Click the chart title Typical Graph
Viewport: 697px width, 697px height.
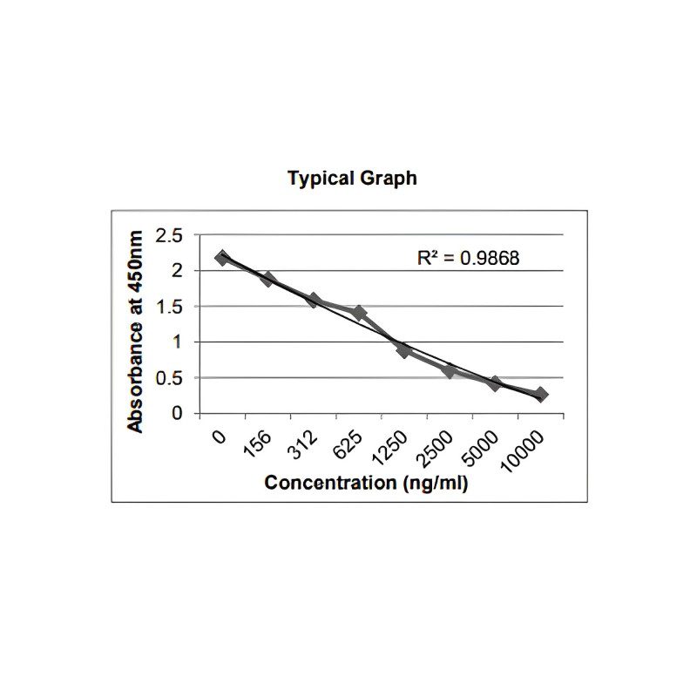[352, 179]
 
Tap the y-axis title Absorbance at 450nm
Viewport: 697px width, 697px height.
[136, 332]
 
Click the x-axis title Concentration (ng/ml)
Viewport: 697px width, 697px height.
[366, 483]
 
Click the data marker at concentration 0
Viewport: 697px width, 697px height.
[222, 258]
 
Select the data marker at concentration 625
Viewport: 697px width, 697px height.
[358, 313]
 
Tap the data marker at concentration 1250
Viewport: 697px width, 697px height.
[403, 350]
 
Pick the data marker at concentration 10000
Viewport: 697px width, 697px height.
[540, 395]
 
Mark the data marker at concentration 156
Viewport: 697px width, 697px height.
[267, 280]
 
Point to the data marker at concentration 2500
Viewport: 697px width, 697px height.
[449, 371]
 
